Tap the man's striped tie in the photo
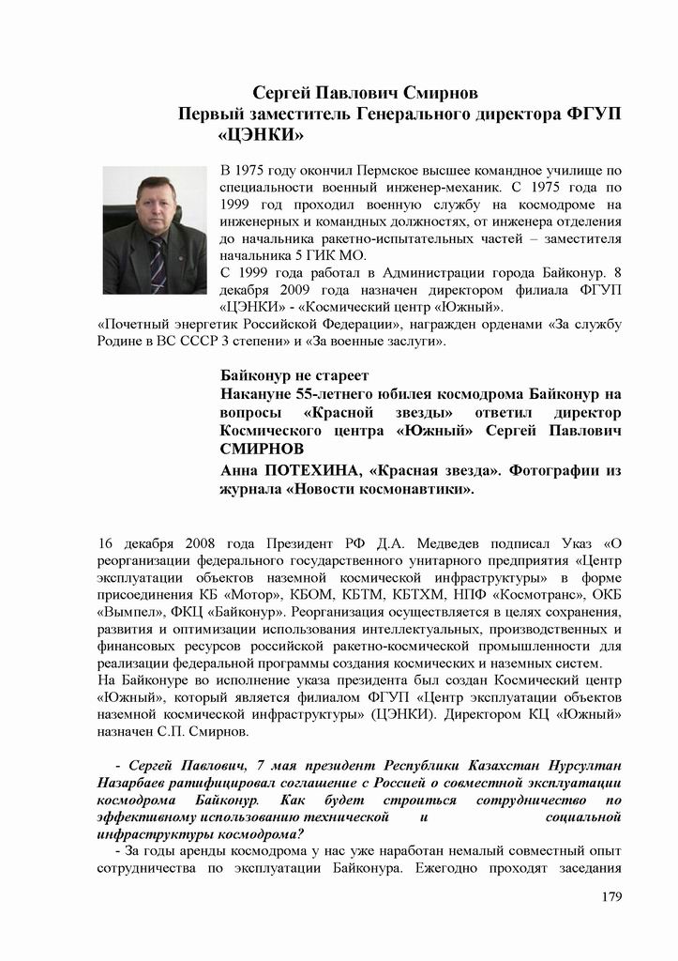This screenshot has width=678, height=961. click(x=157, y=263)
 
